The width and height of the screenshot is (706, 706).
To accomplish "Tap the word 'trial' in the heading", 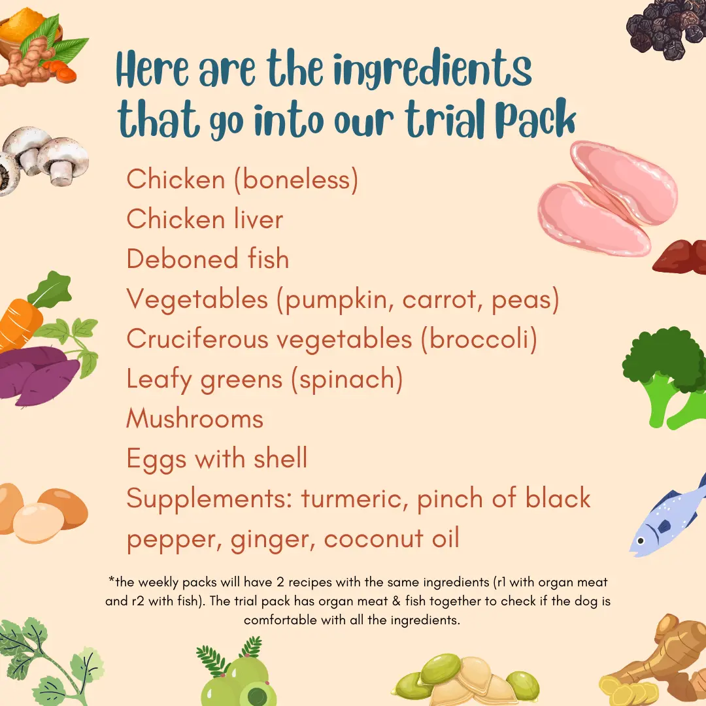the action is [x=446, y=118].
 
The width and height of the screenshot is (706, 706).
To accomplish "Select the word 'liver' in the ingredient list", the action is [x=258, y=219].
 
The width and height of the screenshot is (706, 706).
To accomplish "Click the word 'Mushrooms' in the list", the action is [x=195, y=418].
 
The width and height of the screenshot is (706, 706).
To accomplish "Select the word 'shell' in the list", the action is [x=280, y=458].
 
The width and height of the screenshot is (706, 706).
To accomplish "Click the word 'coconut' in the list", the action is [x=373, y=539].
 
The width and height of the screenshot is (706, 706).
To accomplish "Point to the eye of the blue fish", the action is [x=640, y=541].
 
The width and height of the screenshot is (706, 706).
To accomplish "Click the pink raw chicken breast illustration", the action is [x=608, y=199].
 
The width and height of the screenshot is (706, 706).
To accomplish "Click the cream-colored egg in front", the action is [x=39, y=523].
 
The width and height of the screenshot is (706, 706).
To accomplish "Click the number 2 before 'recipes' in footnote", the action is [x=280, y=582].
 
